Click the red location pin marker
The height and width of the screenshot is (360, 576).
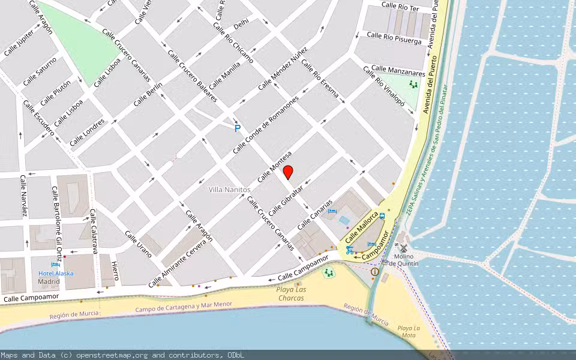click(x=288, y=172)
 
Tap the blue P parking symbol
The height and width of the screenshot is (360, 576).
click(x=238, y=128)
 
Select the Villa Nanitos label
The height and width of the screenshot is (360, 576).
click(x=229, y=190)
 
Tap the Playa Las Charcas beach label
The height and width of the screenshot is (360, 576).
click(x=292, y=293)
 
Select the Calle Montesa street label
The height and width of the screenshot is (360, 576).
click(x=274, y=166)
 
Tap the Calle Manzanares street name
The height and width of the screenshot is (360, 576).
click(x=398, y=71)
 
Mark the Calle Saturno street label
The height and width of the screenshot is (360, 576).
click(x=40, y=71)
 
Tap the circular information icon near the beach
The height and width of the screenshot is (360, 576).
click(x=375, y=272)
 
